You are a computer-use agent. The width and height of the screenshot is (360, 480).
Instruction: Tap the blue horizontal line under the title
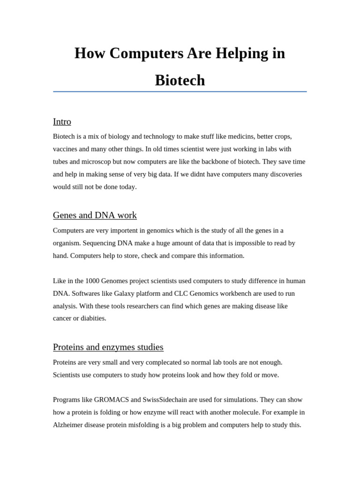[180, 92]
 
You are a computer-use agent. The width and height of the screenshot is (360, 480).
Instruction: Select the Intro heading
[62, 122]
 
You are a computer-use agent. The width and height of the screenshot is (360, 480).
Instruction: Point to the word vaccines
[66, 149]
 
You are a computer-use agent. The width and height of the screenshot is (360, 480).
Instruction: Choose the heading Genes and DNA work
[95, 216]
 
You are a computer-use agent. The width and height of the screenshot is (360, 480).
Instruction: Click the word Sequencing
[98, 243]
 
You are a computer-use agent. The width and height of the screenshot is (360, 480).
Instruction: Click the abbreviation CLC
[181, 293]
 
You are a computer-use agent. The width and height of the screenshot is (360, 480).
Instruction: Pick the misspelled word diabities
[93, 318]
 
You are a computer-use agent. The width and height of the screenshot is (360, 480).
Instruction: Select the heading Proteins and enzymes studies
[108, 347]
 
